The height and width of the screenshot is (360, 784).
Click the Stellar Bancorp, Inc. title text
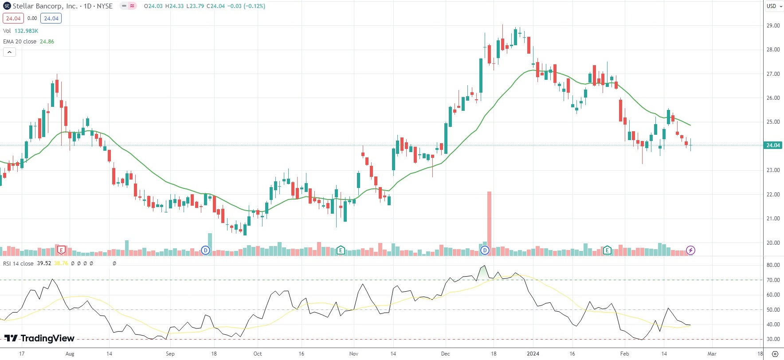click(45, 6)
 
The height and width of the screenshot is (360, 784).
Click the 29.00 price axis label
click(773, 26)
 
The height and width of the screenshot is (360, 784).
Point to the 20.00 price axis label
click(773, 243)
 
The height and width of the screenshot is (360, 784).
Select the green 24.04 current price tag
click(773, 145)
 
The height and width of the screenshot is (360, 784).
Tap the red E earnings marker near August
click(62, 250)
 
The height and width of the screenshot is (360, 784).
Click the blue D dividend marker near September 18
click(205, 250)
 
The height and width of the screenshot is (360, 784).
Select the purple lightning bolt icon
click(690, 250)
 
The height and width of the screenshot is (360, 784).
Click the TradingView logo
click(39, 339)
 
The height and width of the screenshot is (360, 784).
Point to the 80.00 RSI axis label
click(773, 265)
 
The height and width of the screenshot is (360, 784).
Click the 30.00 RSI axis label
click(773, 339)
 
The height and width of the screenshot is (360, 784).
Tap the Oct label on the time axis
click(258, 354)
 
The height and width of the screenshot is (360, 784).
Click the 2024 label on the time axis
click(533, 354)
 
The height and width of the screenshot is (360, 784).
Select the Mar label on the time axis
click(712, 354)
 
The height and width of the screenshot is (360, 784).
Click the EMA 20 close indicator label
click(20, 42)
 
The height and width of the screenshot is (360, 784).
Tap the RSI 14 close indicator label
click(18, 263)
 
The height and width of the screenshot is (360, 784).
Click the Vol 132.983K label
click(20, 31)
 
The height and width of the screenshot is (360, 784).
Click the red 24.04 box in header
click(13, 19)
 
